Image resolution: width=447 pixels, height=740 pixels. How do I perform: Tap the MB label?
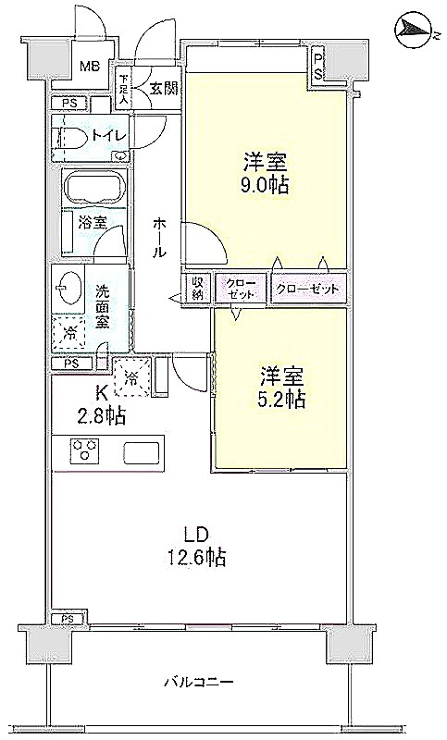(89, 66)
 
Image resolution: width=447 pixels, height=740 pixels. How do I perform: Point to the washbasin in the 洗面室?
(67, 288)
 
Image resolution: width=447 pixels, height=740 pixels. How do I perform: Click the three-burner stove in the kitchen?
(84, 449)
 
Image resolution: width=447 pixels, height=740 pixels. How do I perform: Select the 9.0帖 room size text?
(266, 186)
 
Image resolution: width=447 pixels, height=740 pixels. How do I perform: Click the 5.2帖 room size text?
(281, 400)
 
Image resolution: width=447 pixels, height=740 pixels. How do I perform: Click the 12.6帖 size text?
(195, 558)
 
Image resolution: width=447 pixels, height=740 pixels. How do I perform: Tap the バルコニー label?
(199, 682)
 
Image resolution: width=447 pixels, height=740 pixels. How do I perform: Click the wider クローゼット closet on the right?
(309, 289)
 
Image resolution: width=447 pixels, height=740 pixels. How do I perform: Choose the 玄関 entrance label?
(164, 88)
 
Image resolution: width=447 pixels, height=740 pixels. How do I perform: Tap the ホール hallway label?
(159, 238)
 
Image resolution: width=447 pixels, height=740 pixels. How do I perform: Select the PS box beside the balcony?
(68, 618)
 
